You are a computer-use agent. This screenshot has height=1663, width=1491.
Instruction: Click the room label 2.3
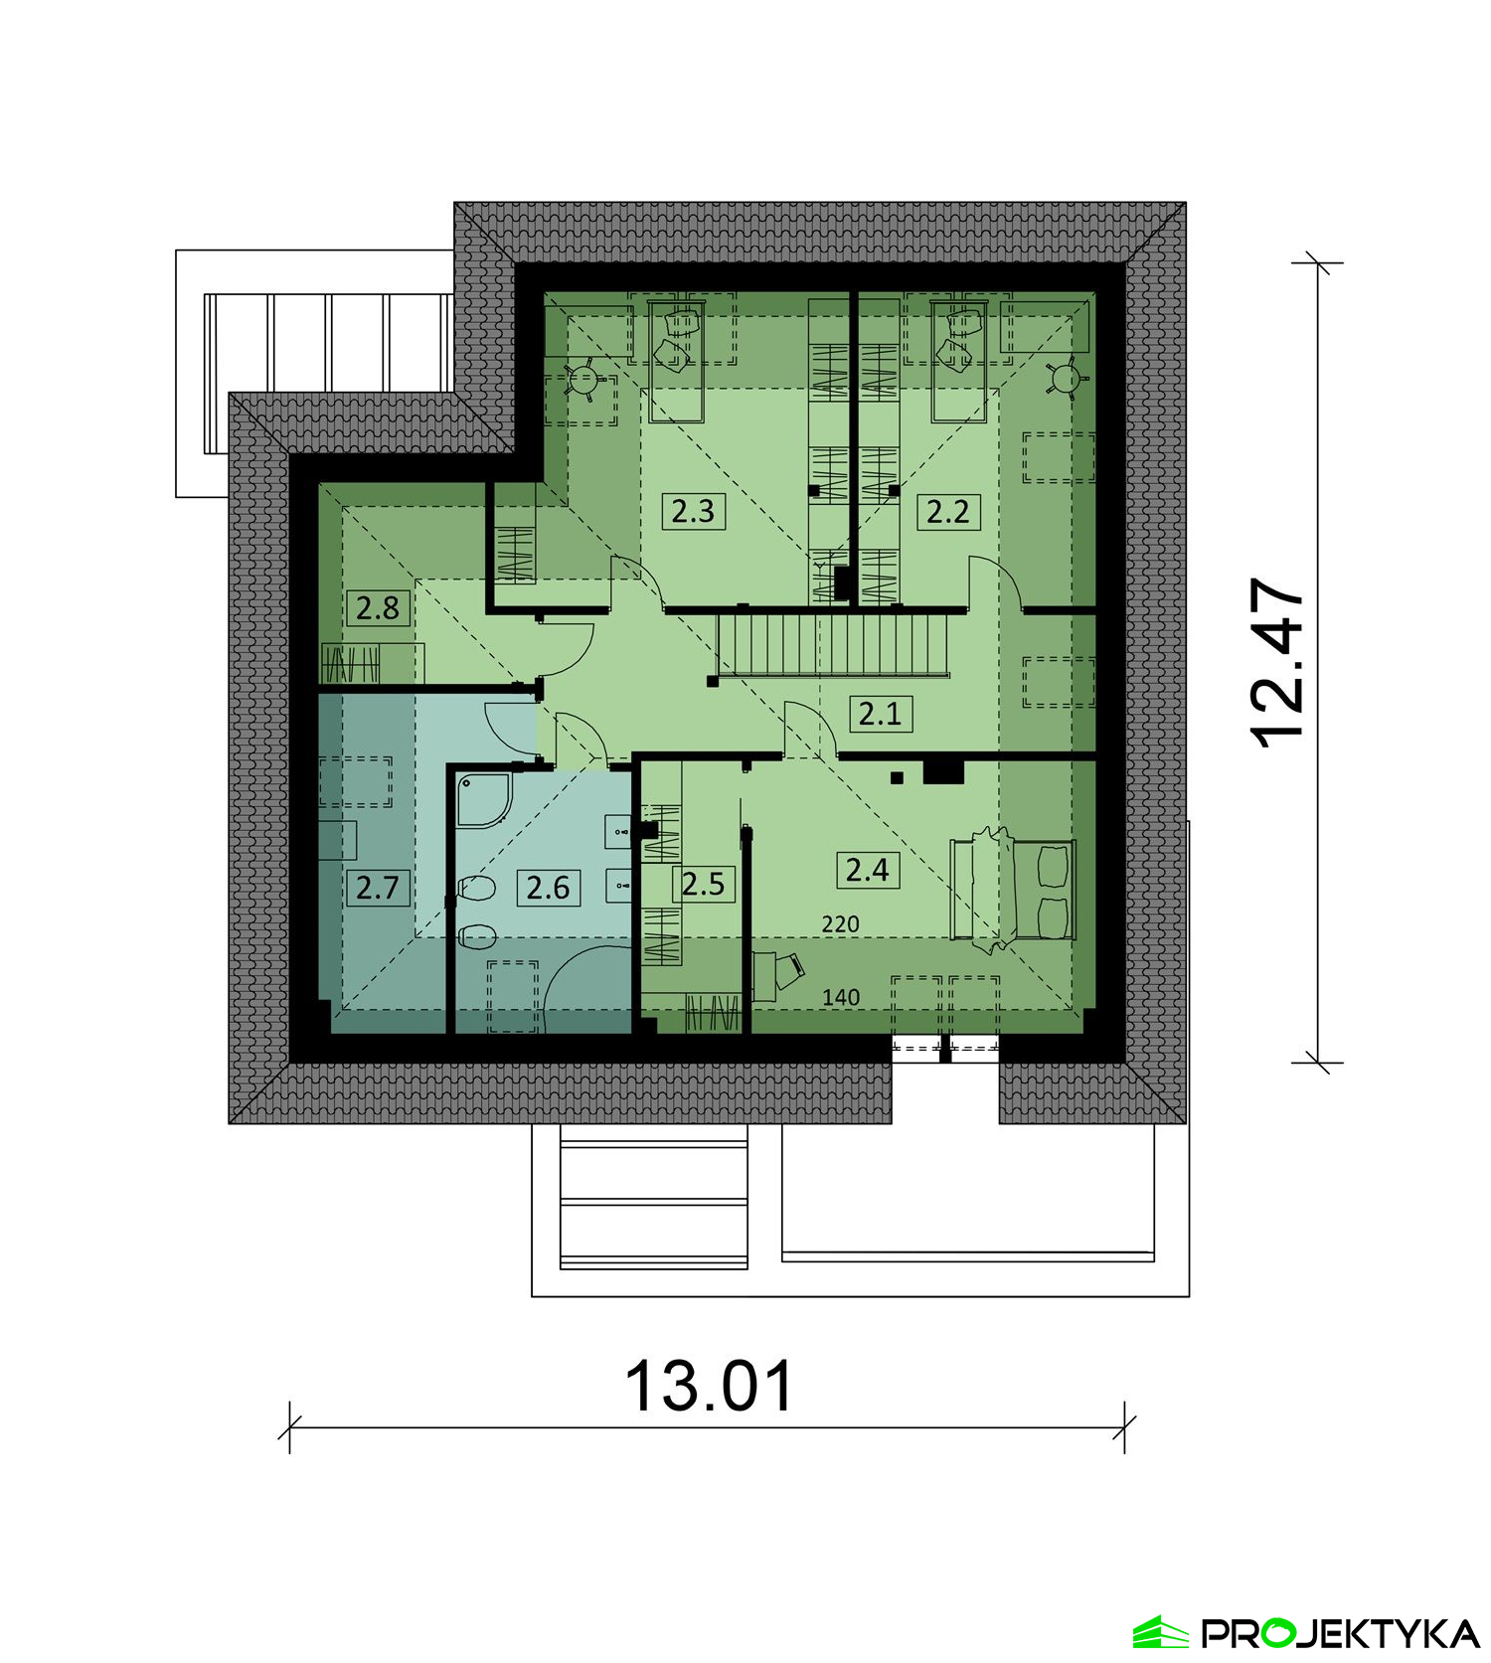(692, 511)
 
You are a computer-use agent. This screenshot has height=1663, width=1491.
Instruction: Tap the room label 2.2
(947, 511)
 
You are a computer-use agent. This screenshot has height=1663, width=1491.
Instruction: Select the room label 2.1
(880, 714)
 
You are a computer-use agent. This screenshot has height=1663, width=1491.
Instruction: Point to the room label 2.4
(867, 870)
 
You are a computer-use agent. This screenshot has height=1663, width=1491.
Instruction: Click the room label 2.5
(703, 884)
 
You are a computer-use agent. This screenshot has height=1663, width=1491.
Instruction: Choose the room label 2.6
(548, 887)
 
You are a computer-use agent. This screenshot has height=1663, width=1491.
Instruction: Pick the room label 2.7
(378, 887)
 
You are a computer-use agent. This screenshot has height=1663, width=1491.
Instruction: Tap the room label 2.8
(378, 607)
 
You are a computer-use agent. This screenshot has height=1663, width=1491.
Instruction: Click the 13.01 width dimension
(709, 1387)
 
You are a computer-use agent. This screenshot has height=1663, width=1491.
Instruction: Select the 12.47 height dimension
(1277, 662)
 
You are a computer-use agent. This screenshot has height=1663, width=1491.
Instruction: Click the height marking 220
(840, 924)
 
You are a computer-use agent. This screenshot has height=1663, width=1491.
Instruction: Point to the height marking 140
(841, 997)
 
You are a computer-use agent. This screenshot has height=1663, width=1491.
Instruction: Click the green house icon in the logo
(1161, 1632)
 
